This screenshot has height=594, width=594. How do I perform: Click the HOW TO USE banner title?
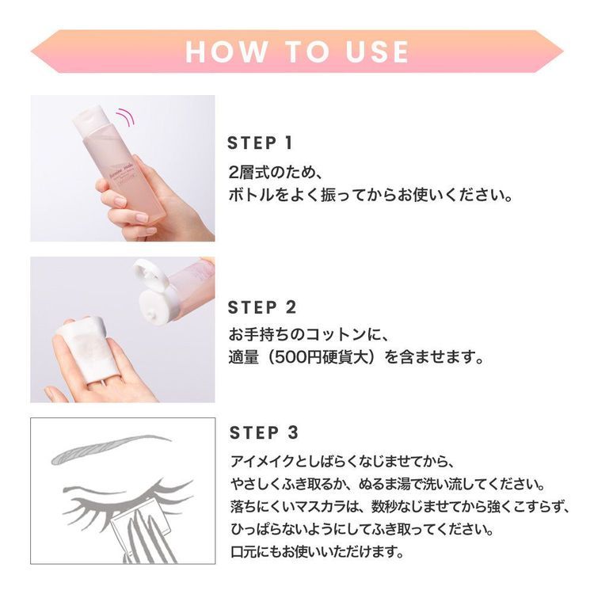[x=297, y=51]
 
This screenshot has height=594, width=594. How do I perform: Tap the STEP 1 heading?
[x=261, y=143]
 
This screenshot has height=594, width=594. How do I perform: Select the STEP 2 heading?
[x=262, y=307]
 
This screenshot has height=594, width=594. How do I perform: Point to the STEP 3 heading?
[x=265, y=432]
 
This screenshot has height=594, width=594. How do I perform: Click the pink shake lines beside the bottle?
[x=124, y=118]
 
